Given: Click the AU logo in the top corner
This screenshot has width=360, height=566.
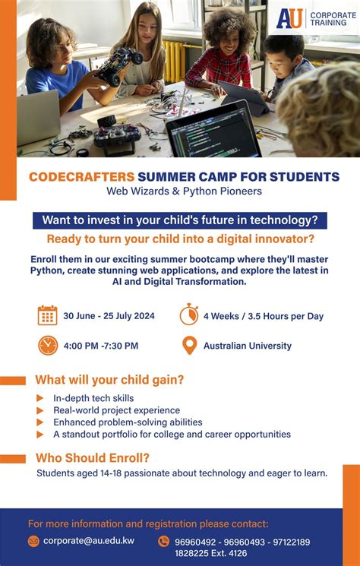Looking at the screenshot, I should tap(289, 18).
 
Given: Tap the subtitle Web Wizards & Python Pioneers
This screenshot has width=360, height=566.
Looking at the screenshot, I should tap(184, 191).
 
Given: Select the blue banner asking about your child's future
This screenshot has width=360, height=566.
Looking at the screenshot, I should tap(179, 220).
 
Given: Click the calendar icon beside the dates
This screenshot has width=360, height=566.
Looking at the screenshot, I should tap(48, 315).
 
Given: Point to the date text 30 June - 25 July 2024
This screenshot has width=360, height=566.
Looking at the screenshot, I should tap(109, 316).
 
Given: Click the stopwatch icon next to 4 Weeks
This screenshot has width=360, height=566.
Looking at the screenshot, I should tap(189, 315).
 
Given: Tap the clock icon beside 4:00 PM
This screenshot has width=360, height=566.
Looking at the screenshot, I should tap(48, 346).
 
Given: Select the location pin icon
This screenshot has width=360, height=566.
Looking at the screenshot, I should tap(189, 346).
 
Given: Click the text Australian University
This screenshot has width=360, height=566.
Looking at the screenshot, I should tap(247, 346).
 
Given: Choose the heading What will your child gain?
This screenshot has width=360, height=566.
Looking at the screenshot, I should tap(109, 380).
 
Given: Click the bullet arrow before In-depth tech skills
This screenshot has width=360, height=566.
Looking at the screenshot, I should tap(39, 398).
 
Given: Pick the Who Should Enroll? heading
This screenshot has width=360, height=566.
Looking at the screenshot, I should tap(93, 457).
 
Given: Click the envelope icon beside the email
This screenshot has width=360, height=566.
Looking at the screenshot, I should tap(33, 542).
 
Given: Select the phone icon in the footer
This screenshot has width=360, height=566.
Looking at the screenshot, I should tap(163, 542).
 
